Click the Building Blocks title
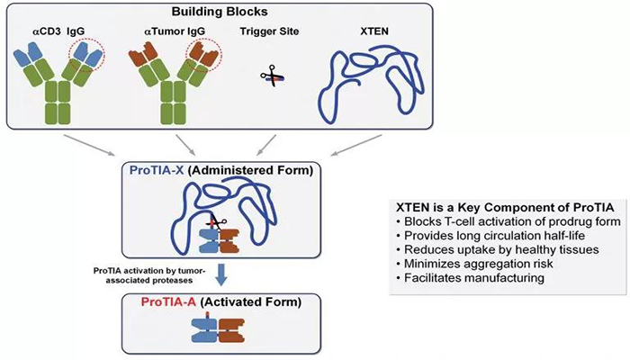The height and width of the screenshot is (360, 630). pyautogui.click(x=316, y=14)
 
